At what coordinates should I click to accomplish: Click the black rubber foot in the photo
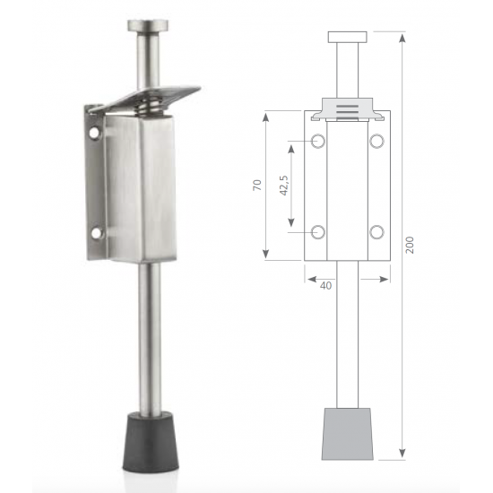point(151,443)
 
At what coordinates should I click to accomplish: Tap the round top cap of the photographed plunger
point(148,25)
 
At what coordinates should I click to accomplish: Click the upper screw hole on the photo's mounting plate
point(94,133)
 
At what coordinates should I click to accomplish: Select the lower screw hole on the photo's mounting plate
point(97,233)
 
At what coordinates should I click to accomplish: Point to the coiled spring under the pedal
point(151,107)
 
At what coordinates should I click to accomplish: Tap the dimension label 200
point(410,245)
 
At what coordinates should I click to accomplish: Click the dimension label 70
point(257,185)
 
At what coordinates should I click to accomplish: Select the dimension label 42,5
point(283,186)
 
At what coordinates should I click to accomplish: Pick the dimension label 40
point(325,285)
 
